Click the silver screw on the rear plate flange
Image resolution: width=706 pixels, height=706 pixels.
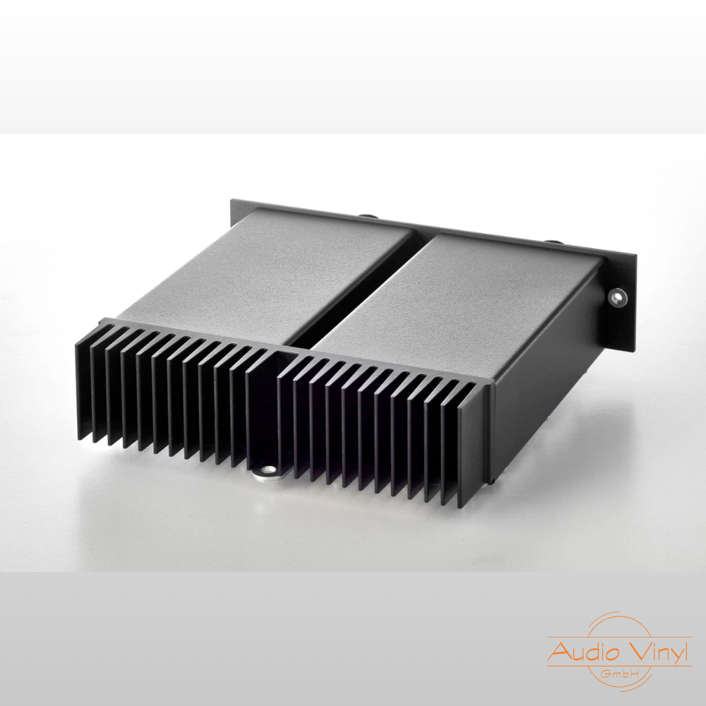617,297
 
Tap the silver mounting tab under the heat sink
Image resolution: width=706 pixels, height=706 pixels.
268,472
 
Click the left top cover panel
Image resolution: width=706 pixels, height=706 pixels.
265,275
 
